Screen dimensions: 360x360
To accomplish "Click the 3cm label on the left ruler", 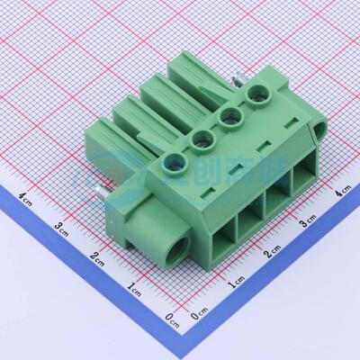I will click(60, 225).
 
